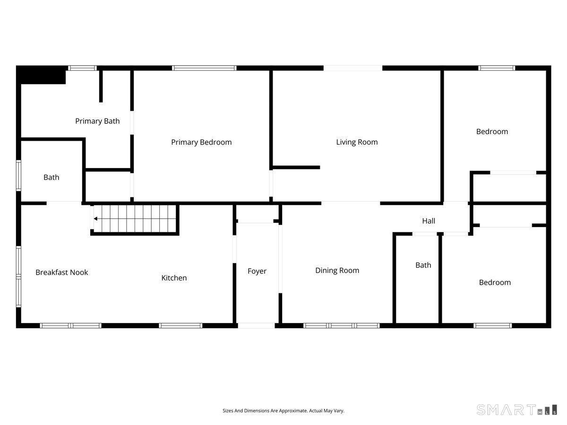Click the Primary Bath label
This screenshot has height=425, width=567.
tap(97, 121)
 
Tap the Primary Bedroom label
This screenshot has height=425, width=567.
tap(201, 142)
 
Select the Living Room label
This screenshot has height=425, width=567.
tap(357, 142)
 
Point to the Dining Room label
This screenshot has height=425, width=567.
tap(337, 271)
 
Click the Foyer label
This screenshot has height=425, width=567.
tap(257, 271)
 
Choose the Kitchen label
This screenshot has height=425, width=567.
tap(174, 278)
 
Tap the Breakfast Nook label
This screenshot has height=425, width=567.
tap(62, 272)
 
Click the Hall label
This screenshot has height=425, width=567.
tap(429, 221)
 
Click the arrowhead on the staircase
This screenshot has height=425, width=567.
tap(95, 219)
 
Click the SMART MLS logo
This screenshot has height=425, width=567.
tap(516, 409)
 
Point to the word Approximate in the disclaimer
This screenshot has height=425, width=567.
tap(293, 411)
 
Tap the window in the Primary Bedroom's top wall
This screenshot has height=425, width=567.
tap(204, 68)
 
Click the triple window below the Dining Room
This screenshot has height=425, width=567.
tap(342, 326)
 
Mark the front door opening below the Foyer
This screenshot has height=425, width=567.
tap(256, 326)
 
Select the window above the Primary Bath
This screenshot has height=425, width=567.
tap(82, 68)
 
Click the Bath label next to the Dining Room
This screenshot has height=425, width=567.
tap(423, 265)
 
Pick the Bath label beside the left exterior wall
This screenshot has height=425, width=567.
tap(51, 178)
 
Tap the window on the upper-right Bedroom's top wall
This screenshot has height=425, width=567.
tap(497, 68)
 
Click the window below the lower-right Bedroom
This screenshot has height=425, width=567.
tap(493, 326)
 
